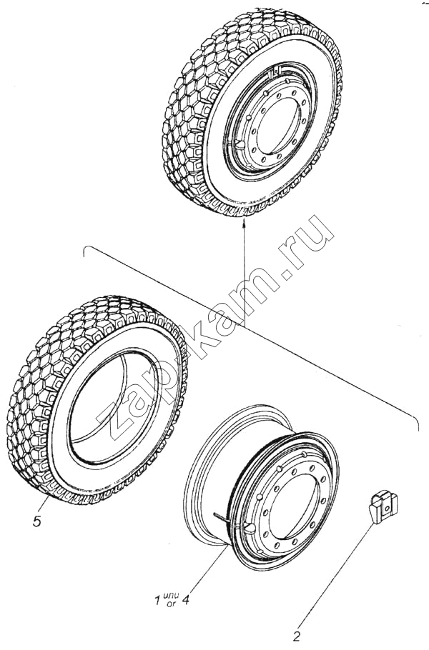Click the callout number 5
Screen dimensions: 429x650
pos(37,521)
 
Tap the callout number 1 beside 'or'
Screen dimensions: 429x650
pos(157,601)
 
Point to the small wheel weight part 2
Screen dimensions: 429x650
pos(383,506)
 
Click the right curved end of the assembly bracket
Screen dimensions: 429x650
pos(414,419)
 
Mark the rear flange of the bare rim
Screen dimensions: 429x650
pos(207,473)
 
